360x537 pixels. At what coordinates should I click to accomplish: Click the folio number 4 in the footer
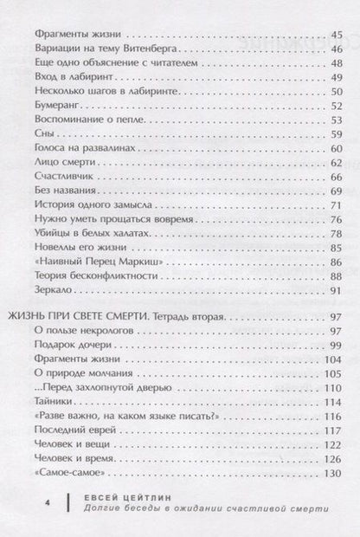(x=29, y=501)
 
